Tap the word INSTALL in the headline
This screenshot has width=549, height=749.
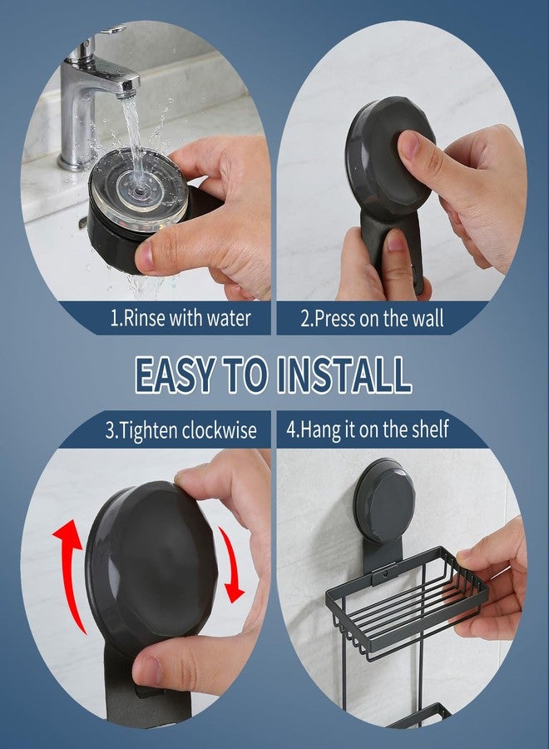pos(344,375)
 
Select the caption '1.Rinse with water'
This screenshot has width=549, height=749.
pos(181,318)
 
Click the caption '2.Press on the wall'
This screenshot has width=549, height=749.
pos(372,319)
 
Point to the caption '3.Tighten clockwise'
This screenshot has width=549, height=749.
pos(181,430)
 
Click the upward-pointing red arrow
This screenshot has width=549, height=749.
pos(71,576)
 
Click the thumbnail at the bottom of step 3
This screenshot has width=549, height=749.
pos(148,671)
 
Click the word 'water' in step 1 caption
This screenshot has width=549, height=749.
pos(228,319)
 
